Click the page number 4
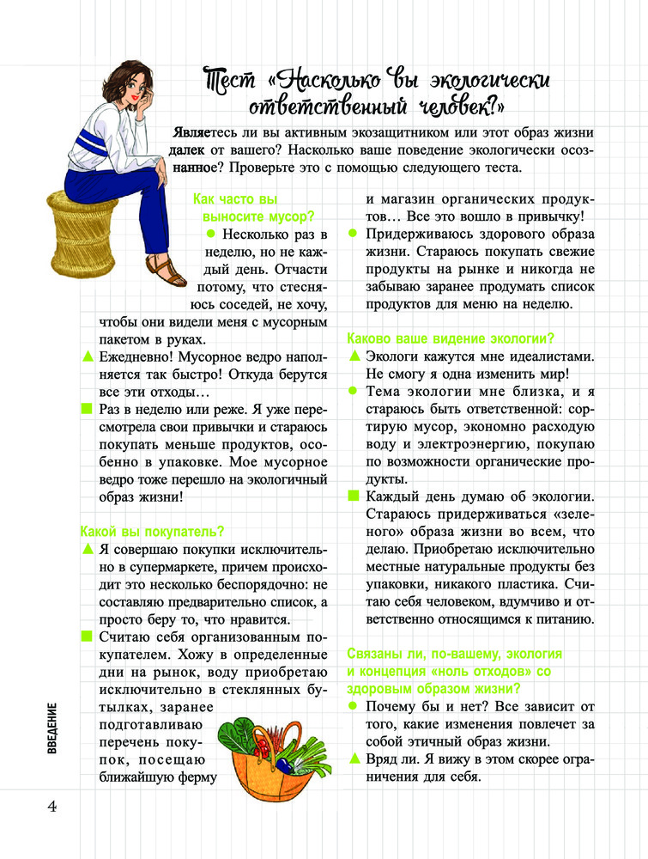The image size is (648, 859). [x=51, y=807]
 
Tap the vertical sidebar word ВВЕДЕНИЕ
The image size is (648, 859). [x=52, y=729]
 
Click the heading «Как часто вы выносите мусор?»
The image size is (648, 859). [x=254, y=206]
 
